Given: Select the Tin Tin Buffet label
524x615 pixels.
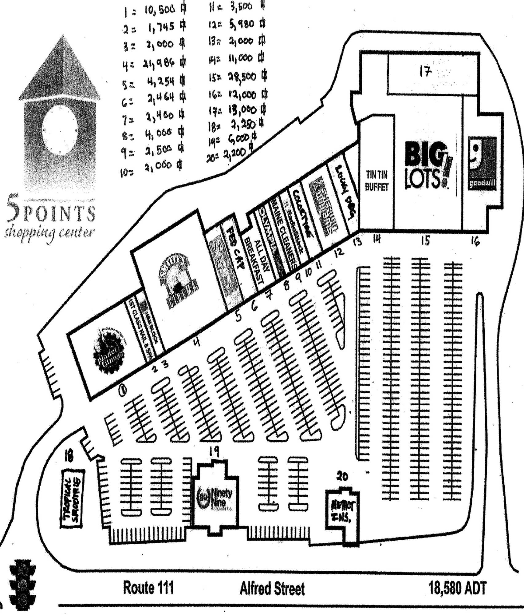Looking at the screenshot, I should pyautogui.click(x=376, y=181).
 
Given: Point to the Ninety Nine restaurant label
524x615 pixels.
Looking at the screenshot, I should pyautogui.click(x=215, y=498).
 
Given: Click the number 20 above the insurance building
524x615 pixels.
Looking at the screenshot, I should pyautogui.click(x=342, y=477).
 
